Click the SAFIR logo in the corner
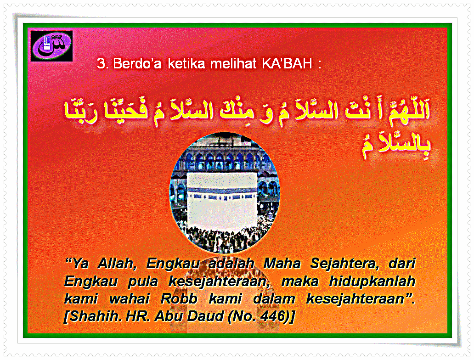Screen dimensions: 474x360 (51, 46)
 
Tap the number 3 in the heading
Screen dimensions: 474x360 (101, 64)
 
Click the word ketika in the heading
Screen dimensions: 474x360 (186, 63)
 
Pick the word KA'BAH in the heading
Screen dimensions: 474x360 (287, 63)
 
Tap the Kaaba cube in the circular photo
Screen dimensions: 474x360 (222, 201)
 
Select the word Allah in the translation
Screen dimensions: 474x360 (117, 263)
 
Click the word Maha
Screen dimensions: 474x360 (282, 263)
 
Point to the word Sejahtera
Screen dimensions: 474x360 (345, 264)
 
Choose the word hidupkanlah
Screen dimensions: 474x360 (372, 281)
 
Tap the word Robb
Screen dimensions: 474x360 (179, 298)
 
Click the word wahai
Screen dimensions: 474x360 (130, 298)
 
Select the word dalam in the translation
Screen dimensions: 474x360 (274, 298)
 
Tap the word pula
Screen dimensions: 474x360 (143, 281)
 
